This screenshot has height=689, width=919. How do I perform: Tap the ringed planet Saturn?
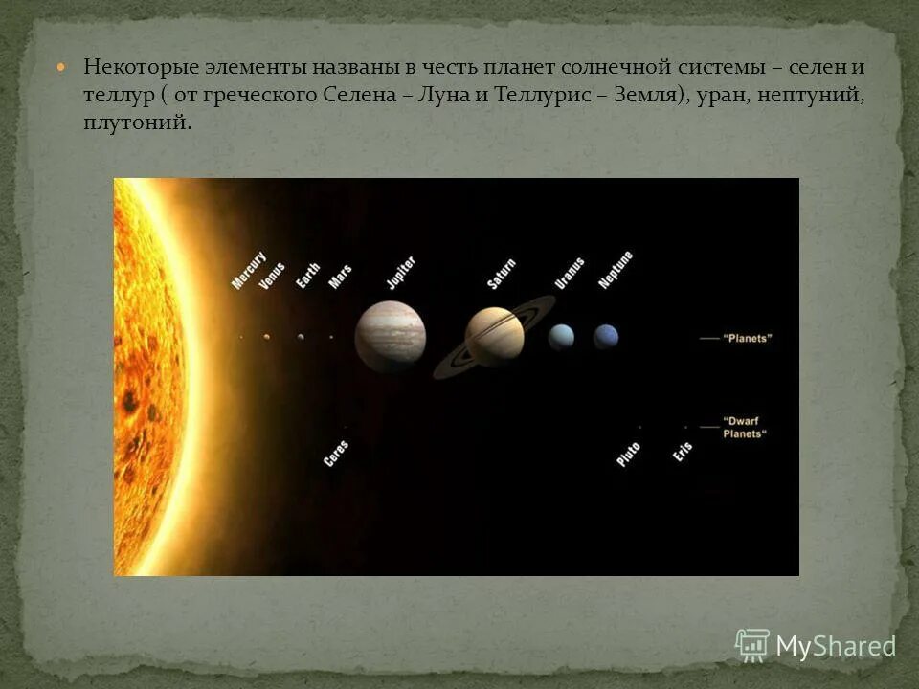(x=494, y=337)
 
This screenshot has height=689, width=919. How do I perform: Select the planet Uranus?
(x=561, y=336)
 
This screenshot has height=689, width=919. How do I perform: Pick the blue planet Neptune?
(x=606, y=336)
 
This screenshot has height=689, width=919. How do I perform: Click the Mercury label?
(x=249, y=271)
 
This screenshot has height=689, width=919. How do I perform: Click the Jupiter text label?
(x=400, y=272)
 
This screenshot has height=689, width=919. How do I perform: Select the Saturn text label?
(x=501, y=274)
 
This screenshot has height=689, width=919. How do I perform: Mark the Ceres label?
(x=336, y=453)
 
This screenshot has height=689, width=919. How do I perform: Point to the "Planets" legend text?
(x=748, y=338)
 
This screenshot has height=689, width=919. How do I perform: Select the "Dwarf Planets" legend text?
(x=746, y=427)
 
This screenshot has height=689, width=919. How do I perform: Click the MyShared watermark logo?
(x=816, y=646)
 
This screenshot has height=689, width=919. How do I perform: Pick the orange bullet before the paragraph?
(x=63, y=68)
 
